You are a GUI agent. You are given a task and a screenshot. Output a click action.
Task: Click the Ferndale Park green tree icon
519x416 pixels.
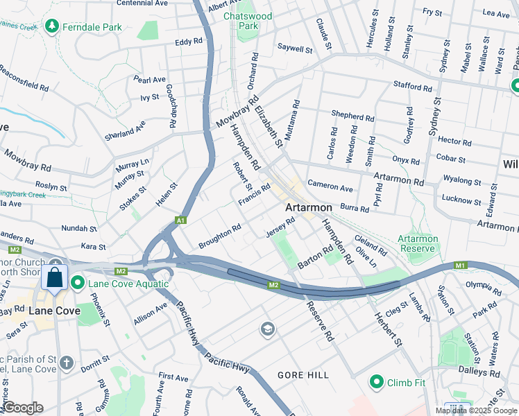tap(51, 26)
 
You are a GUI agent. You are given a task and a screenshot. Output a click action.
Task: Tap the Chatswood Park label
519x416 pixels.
tap(247, 20)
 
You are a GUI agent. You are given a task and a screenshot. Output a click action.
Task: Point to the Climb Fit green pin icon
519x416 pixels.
tap(377, 381)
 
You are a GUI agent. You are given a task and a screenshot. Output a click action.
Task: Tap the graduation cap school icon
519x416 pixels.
tap(266, 329)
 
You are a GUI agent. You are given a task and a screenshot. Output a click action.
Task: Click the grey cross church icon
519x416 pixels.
tap(67, 362)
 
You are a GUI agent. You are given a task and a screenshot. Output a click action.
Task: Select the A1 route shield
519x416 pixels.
tap(180, 220)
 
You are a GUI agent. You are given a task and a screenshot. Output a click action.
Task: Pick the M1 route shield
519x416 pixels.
tap(459, 265)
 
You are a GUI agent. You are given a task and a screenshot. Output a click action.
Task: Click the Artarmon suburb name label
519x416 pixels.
tap(308, 207)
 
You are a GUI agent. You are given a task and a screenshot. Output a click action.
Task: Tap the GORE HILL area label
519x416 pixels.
tap(303, 375)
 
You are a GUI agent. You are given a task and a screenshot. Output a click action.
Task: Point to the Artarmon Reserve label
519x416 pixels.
tap(418, 243)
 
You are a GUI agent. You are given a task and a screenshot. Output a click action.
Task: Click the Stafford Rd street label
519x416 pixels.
tap(412, 87)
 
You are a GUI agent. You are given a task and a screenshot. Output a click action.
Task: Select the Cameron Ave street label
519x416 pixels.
tap(330, 187)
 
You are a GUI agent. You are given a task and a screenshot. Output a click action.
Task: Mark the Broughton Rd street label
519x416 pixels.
tap(219, 236)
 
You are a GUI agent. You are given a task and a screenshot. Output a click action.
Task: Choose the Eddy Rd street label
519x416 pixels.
tap(188, 42)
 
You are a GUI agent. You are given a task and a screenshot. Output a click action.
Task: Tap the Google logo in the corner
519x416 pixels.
tap(23, 407)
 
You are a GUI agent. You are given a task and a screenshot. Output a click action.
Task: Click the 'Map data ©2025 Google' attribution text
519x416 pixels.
tap(475, 410)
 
